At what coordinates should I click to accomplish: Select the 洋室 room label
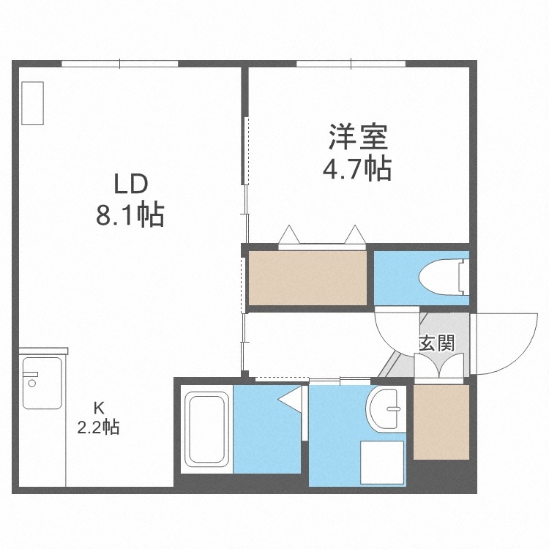[357, 136]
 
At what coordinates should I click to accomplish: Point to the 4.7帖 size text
[357, 169]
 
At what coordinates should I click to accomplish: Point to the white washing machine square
[381, 463]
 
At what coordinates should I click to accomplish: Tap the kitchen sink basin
[42, 382]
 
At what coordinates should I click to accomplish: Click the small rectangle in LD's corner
[33, 102]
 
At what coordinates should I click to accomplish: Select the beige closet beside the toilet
[307, 277]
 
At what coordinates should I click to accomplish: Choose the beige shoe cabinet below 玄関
[441, 422]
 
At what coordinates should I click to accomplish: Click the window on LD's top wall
[120, 64]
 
